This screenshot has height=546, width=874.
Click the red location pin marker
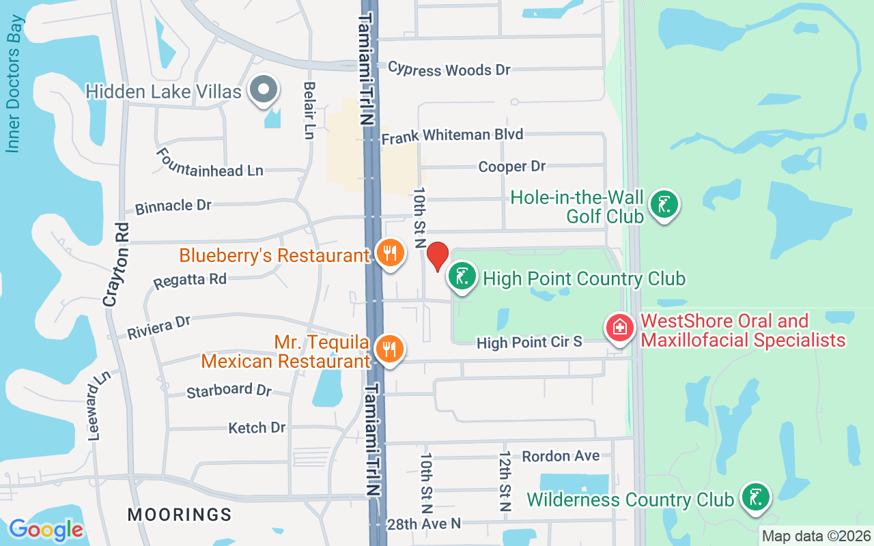(437, 257)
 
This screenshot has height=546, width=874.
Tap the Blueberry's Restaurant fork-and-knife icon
(390, 253)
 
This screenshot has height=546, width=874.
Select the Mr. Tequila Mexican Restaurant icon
(390, 349)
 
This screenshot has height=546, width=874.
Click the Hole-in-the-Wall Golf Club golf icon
(664, 204)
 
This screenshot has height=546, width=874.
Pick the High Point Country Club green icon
(462, 277)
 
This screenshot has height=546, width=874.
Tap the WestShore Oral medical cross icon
(620, 328)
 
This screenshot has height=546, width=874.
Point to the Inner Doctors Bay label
(14, 83)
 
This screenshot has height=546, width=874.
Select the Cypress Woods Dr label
(449, 69)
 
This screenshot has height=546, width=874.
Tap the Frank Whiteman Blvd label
(452, 136)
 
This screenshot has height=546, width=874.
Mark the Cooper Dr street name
(512, 167)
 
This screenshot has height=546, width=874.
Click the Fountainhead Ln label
(210, 163)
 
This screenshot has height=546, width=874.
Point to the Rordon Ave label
(561, 456)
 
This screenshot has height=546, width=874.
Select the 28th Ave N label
(424, 523)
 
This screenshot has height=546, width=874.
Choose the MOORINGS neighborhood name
(180, 514)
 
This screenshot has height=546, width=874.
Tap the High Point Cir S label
(529, 342)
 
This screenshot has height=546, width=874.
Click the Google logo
(46, 529)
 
